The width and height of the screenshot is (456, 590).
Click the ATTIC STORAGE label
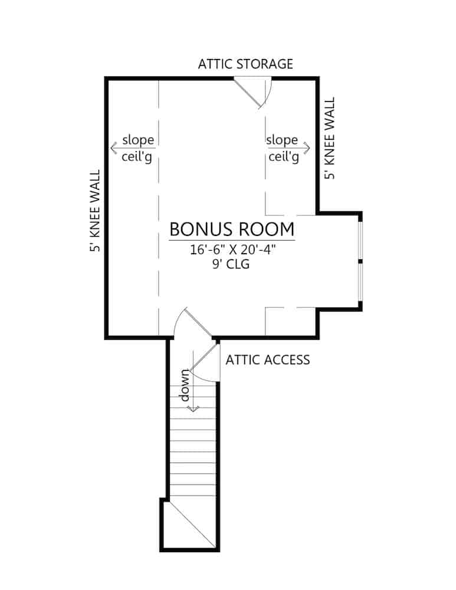tap(245, 64)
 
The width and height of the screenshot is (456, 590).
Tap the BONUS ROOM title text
tap(232, 228)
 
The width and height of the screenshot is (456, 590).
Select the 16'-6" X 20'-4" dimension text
tap(232, 250)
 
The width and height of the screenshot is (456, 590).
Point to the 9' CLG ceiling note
tap(232, 264)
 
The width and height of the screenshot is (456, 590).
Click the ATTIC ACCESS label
tap(267, 359)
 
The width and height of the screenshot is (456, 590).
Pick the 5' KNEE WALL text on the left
tap(94, 211)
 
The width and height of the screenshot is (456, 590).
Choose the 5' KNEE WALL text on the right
tap(329, 139)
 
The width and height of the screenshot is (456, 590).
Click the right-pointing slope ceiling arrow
tap(306, 148)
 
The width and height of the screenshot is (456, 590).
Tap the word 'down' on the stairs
tap(185, 385)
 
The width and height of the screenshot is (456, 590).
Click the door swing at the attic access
tap(206, 363)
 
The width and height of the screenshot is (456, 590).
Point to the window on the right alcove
tap(360, 260)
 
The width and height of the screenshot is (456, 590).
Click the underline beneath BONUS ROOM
tap(232, 241)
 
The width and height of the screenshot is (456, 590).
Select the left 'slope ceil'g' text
tap(137, 149)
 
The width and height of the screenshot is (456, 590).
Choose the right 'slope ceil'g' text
tap(282, 149)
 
